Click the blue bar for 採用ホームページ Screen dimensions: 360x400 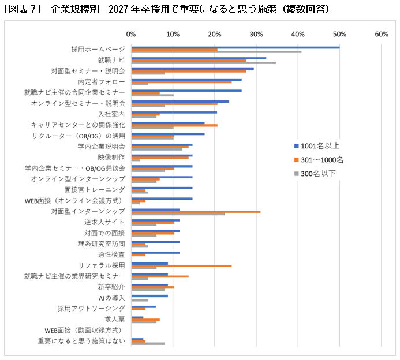click(x=235, y=47)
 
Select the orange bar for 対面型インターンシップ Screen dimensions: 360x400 click(x=196, y=212)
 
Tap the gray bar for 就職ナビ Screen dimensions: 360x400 click(x=203, y=63)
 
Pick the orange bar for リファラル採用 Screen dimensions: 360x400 click(x=181, y=266)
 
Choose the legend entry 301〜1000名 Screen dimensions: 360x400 click(x=323, y=159)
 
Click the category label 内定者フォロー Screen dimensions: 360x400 click(x=102, y=81)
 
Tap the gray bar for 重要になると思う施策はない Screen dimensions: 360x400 click(x=148, y=344)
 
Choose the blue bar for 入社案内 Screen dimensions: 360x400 click(x=174, y=112)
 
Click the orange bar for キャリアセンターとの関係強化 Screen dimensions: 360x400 click(x=174, y=125)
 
